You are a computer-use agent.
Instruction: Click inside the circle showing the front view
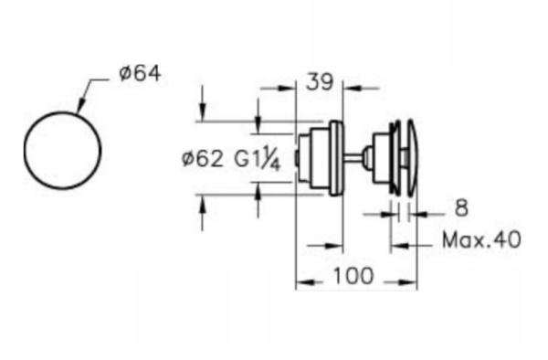pos(61,152)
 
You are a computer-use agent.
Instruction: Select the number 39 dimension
pos(319,82)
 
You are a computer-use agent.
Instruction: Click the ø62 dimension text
pos(202,158)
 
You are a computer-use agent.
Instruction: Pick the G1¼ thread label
pos(261,158)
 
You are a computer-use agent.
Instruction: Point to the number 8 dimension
pos(460,209)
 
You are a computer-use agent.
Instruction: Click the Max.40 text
pos(480,241)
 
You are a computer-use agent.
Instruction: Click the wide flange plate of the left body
pos(337,157)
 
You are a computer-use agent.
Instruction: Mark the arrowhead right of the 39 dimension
pos(348,89)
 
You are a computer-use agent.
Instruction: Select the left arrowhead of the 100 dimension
pos(300,283)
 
